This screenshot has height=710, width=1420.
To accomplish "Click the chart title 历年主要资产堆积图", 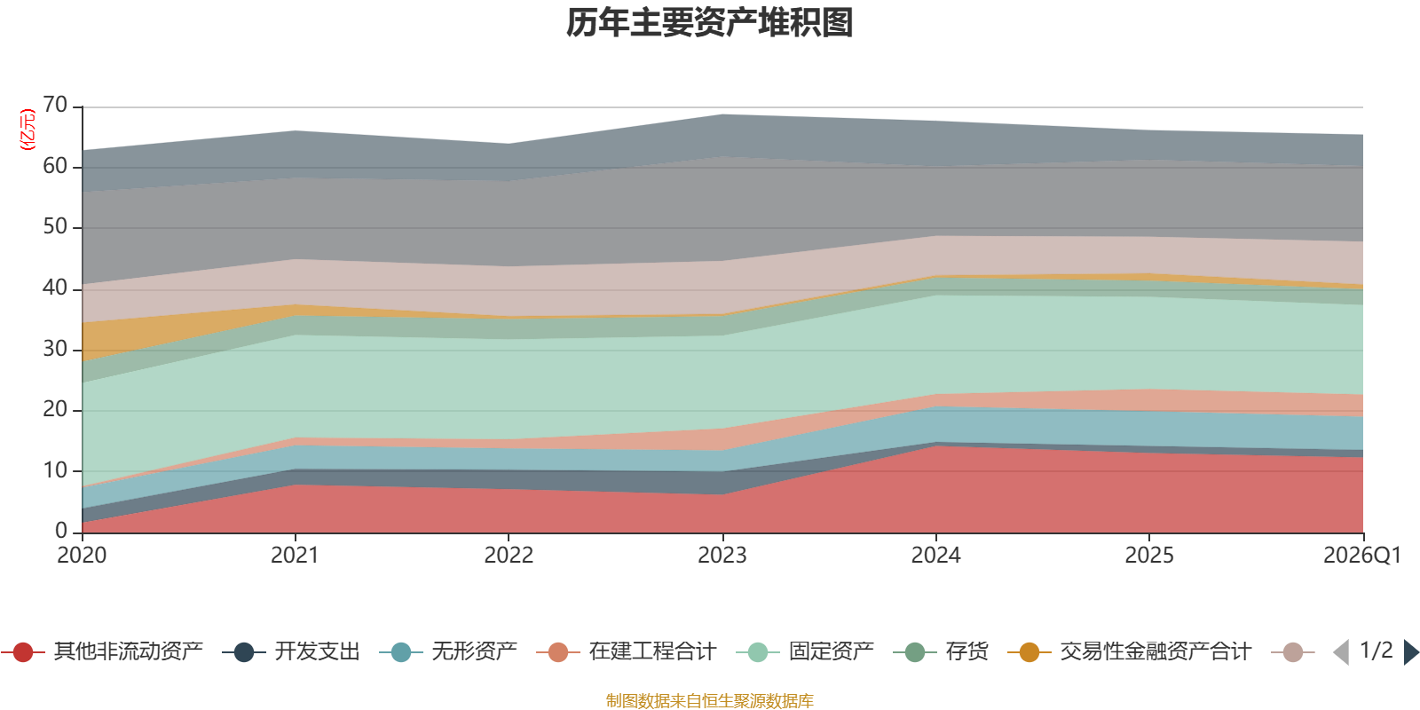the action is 709,23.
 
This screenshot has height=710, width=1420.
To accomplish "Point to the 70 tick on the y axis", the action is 55,105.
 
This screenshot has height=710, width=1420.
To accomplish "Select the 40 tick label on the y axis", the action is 55,288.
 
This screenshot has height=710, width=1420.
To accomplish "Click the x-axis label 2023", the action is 722,556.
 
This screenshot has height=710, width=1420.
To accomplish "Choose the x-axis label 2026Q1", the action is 1362,556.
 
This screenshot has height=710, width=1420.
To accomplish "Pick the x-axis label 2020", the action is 82,556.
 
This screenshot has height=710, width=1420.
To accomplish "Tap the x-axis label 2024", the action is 935,556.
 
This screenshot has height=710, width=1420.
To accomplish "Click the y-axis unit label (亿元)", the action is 28,130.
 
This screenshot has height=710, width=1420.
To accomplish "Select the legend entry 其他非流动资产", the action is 102,651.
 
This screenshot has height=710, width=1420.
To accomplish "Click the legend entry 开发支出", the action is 291,651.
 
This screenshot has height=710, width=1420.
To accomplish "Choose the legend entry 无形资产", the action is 448,651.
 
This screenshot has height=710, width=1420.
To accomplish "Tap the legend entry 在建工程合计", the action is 627,651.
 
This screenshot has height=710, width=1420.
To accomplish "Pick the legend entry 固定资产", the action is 805,651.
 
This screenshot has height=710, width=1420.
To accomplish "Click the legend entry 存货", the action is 941,651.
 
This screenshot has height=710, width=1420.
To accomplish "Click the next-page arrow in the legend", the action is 1411,652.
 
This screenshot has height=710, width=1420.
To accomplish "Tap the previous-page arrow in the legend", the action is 1341,652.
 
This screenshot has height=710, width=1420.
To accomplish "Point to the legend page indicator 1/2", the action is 1377,651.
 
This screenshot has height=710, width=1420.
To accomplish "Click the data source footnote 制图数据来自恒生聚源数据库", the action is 709,700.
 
